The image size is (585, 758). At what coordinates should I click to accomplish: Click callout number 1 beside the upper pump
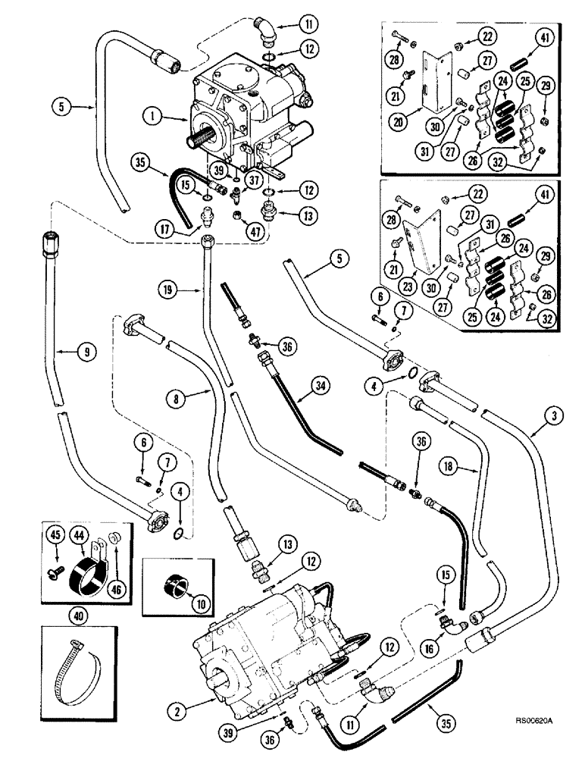(154, 117)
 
